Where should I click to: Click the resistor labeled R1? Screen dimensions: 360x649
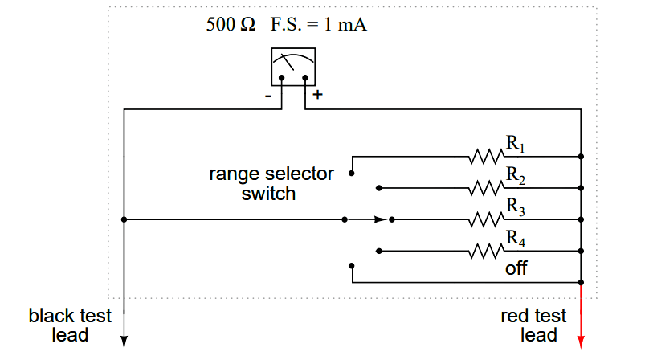[x=484, y=157]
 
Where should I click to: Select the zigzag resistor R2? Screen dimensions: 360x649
[x=484, y=188]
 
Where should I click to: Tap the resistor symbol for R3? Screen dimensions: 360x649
[x=484, y=219]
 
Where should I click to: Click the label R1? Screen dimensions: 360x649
[x=515, y=145]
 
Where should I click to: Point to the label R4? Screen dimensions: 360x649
[x=515, y=239]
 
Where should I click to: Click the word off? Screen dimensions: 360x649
[x=516, y=268]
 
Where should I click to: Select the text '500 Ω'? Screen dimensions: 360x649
[x=231, y=24]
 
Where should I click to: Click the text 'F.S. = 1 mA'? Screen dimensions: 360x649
[x=318, y=24]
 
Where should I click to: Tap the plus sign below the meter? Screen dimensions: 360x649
[x=317, y=95]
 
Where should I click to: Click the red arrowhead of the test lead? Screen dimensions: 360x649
[x=581, y=343]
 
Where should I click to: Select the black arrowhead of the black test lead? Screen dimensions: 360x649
[x=124, y=343]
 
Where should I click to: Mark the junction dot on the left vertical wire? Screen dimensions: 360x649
[x=124, y=219]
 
